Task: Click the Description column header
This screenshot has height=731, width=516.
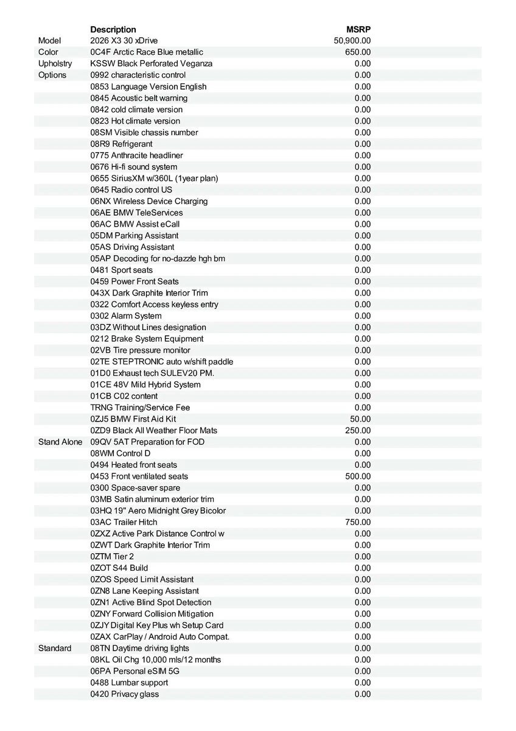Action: tap(113, 29)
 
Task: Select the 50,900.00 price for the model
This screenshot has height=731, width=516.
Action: tap(352, 41)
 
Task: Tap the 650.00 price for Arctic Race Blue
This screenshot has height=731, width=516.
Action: tap(358, 52)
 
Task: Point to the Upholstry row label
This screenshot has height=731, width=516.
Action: tap(55, 63)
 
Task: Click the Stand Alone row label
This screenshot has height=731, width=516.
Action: tap(60, 442)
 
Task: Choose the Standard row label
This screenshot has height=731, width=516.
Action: tap(55, 648)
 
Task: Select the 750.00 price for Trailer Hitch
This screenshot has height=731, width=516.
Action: tap(358, 522)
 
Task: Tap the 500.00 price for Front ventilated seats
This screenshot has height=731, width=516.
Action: tap(358, 476)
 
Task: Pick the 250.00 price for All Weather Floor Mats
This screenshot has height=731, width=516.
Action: tap(358, 431)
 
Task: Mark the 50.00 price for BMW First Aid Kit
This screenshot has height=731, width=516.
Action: tap(360, 419)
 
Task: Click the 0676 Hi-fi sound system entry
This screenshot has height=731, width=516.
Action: tap(134, 167)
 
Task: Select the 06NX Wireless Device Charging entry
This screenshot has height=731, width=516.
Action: tap(149, 201)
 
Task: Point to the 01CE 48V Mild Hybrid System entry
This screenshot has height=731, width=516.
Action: tap(145, 384)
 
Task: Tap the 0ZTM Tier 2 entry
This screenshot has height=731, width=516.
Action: tap(112, 556)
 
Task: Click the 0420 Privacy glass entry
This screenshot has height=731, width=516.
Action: tap(125, 694)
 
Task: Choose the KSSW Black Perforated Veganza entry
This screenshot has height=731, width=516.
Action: tap(152, 63)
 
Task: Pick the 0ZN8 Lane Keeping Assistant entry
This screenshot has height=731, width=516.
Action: tap(144, 591)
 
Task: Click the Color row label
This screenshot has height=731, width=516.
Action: tap(48, 52)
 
